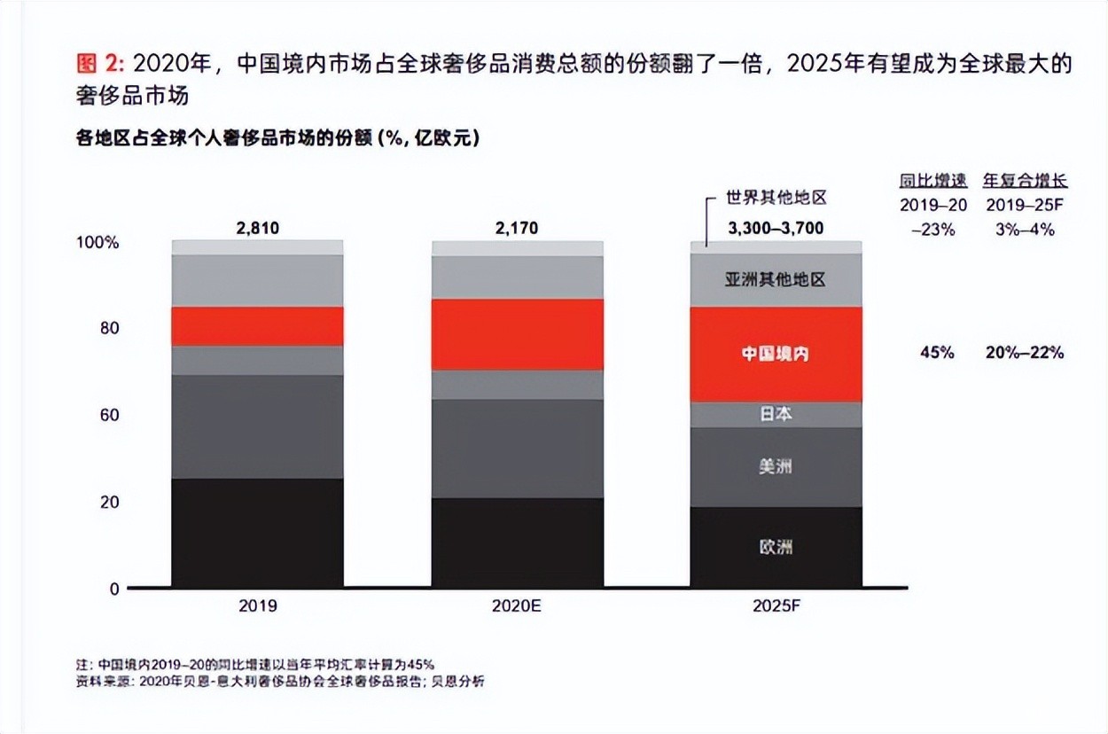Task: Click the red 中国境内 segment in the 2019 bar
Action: click(x=257, y=326)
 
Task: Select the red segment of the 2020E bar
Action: click(x=518, y=334)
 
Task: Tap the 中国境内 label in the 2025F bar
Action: click(x=776, y=354)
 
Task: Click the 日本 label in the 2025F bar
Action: click(x=776, y=414)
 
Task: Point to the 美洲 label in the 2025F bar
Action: click(x=776, y=466)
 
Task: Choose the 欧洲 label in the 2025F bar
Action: click(x=776, y=547)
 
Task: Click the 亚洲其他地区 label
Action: click(x=776, y=280)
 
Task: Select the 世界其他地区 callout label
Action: click(x=776, y=199)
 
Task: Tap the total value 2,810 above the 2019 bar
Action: click(x=257, y=229)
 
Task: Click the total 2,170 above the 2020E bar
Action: click(x=518, y=229)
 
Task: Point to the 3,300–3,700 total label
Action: click(x=776, y=229)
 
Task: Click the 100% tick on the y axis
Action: click(x=101, y=242)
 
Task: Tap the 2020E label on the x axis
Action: click(x=518, y=607)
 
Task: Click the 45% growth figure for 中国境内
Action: click(x=937, y=353)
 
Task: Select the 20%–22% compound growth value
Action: click(x=1024, y=353)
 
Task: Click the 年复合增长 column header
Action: click(x=1025, y=182)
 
